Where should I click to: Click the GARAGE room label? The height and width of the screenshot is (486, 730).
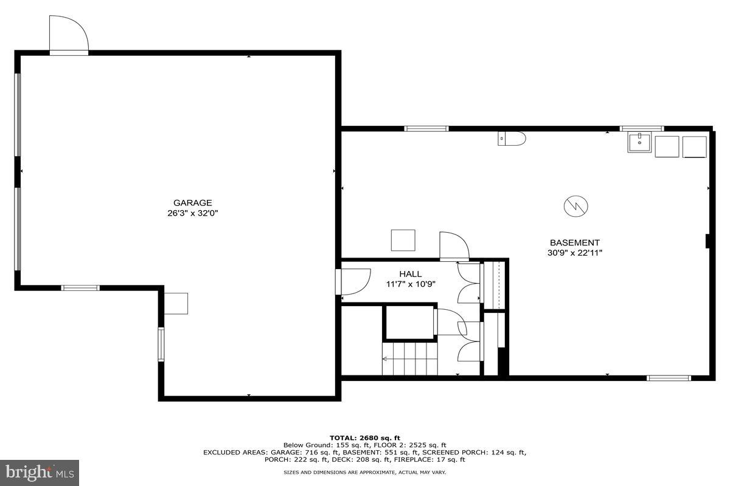(x=192, y=203)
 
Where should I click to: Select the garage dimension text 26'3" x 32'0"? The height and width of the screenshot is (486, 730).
(x=192, y=213)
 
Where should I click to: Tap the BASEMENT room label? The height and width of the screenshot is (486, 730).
(x=575, y=242)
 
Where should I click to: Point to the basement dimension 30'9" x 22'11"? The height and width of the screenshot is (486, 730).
(x=575, y=253)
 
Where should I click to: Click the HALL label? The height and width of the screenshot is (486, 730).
(x=411, y=274)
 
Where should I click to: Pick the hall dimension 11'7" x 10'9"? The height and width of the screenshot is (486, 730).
(x=411, y=284)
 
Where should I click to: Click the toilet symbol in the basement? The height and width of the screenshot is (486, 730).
(x=512, y=139)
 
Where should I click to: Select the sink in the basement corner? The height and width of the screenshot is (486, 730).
(x=640, y=144)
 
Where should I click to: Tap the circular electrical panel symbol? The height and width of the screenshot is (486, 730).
(x=575, y=207)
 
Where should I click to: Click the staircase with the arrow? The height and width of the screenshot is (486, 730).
(x=410, y=358)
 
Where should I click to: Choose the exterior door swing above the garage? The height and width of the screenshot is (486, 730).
(x=69, y=35)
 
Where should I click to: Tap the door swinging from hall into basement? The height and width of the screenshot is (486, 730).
(x=454, y=246)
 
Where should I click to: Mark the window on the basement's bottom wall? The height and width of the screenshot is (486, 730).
(x=669, y=378)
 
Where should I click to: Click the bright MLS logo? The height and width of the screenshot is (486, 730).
(x=40, y=473)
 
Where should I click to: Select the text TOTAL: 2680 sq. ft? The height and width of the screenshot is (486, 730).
(x=365, y=437)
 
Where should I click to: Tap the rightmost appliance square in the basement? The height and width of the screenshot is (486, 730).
(x=695, y=147)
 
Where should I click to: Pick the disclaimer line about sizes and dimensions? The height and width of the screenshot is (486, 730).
(x=365, y=472)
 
